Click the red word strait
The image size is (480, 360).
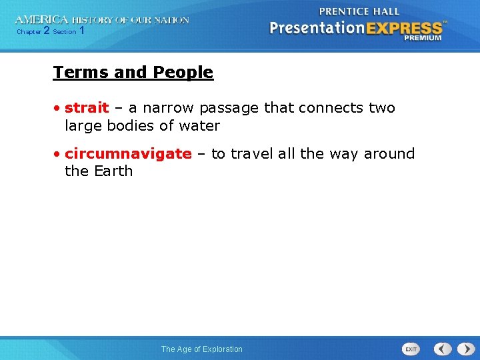point(87,108)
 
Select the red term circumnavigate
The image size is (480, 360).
point(128,154)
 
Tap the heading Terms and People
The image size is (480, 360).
point(133,73)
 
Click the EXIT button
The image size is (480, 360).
point(411,349)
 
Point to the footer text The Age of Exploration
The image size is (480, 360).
point(202,349)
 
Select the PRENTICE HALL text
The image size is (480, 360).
point(359,11)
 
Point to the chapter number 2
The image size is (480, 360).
point(46,31)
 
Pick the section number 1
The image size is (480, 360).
point(81,31)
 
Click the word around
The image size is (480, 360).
point(389,154)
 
